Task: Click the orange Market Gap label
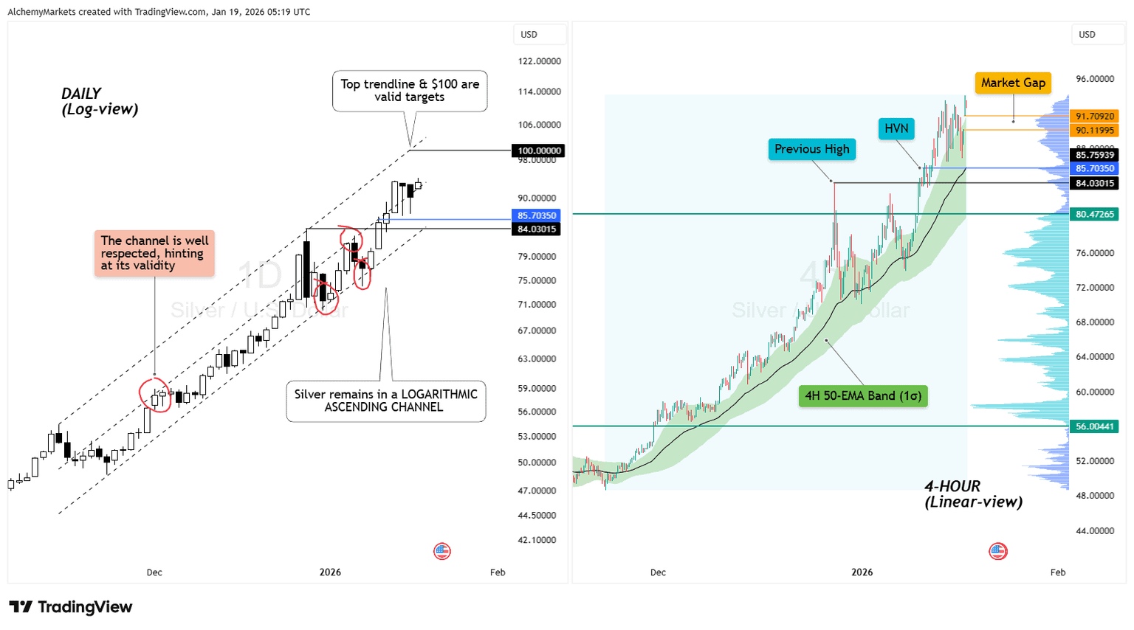pos(1013,83)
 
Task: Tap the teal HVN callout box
pos(896,128)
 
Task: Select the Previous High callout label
pos(811,149)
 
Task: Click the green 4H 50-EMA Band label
pos(863,395)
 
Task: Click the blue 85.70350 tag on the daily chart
pos(537,215)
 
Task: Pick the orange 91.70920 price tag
pos(1094,116)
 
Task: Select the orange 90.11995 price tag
pos(1094,130)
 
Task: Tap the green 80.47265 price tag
pos(1094,214)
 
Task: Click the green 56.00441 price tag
pos(1094,426)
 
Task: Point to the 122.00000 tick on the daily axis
pos(539,61)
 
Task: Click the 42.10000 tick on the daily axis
pos(537,540)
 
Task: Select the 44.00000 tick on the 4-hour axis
pos(1094,530)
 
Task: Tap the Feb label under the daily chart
pos(498,572)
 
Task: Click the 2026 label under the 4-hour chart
pos(862,572)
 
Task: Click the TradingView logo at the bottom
pos(71,607)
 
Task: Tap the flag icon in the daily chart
pos(442,551)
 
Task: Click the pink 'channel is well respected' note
pos(154,253)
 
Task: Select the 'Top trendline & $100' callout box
pos(410,91)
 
